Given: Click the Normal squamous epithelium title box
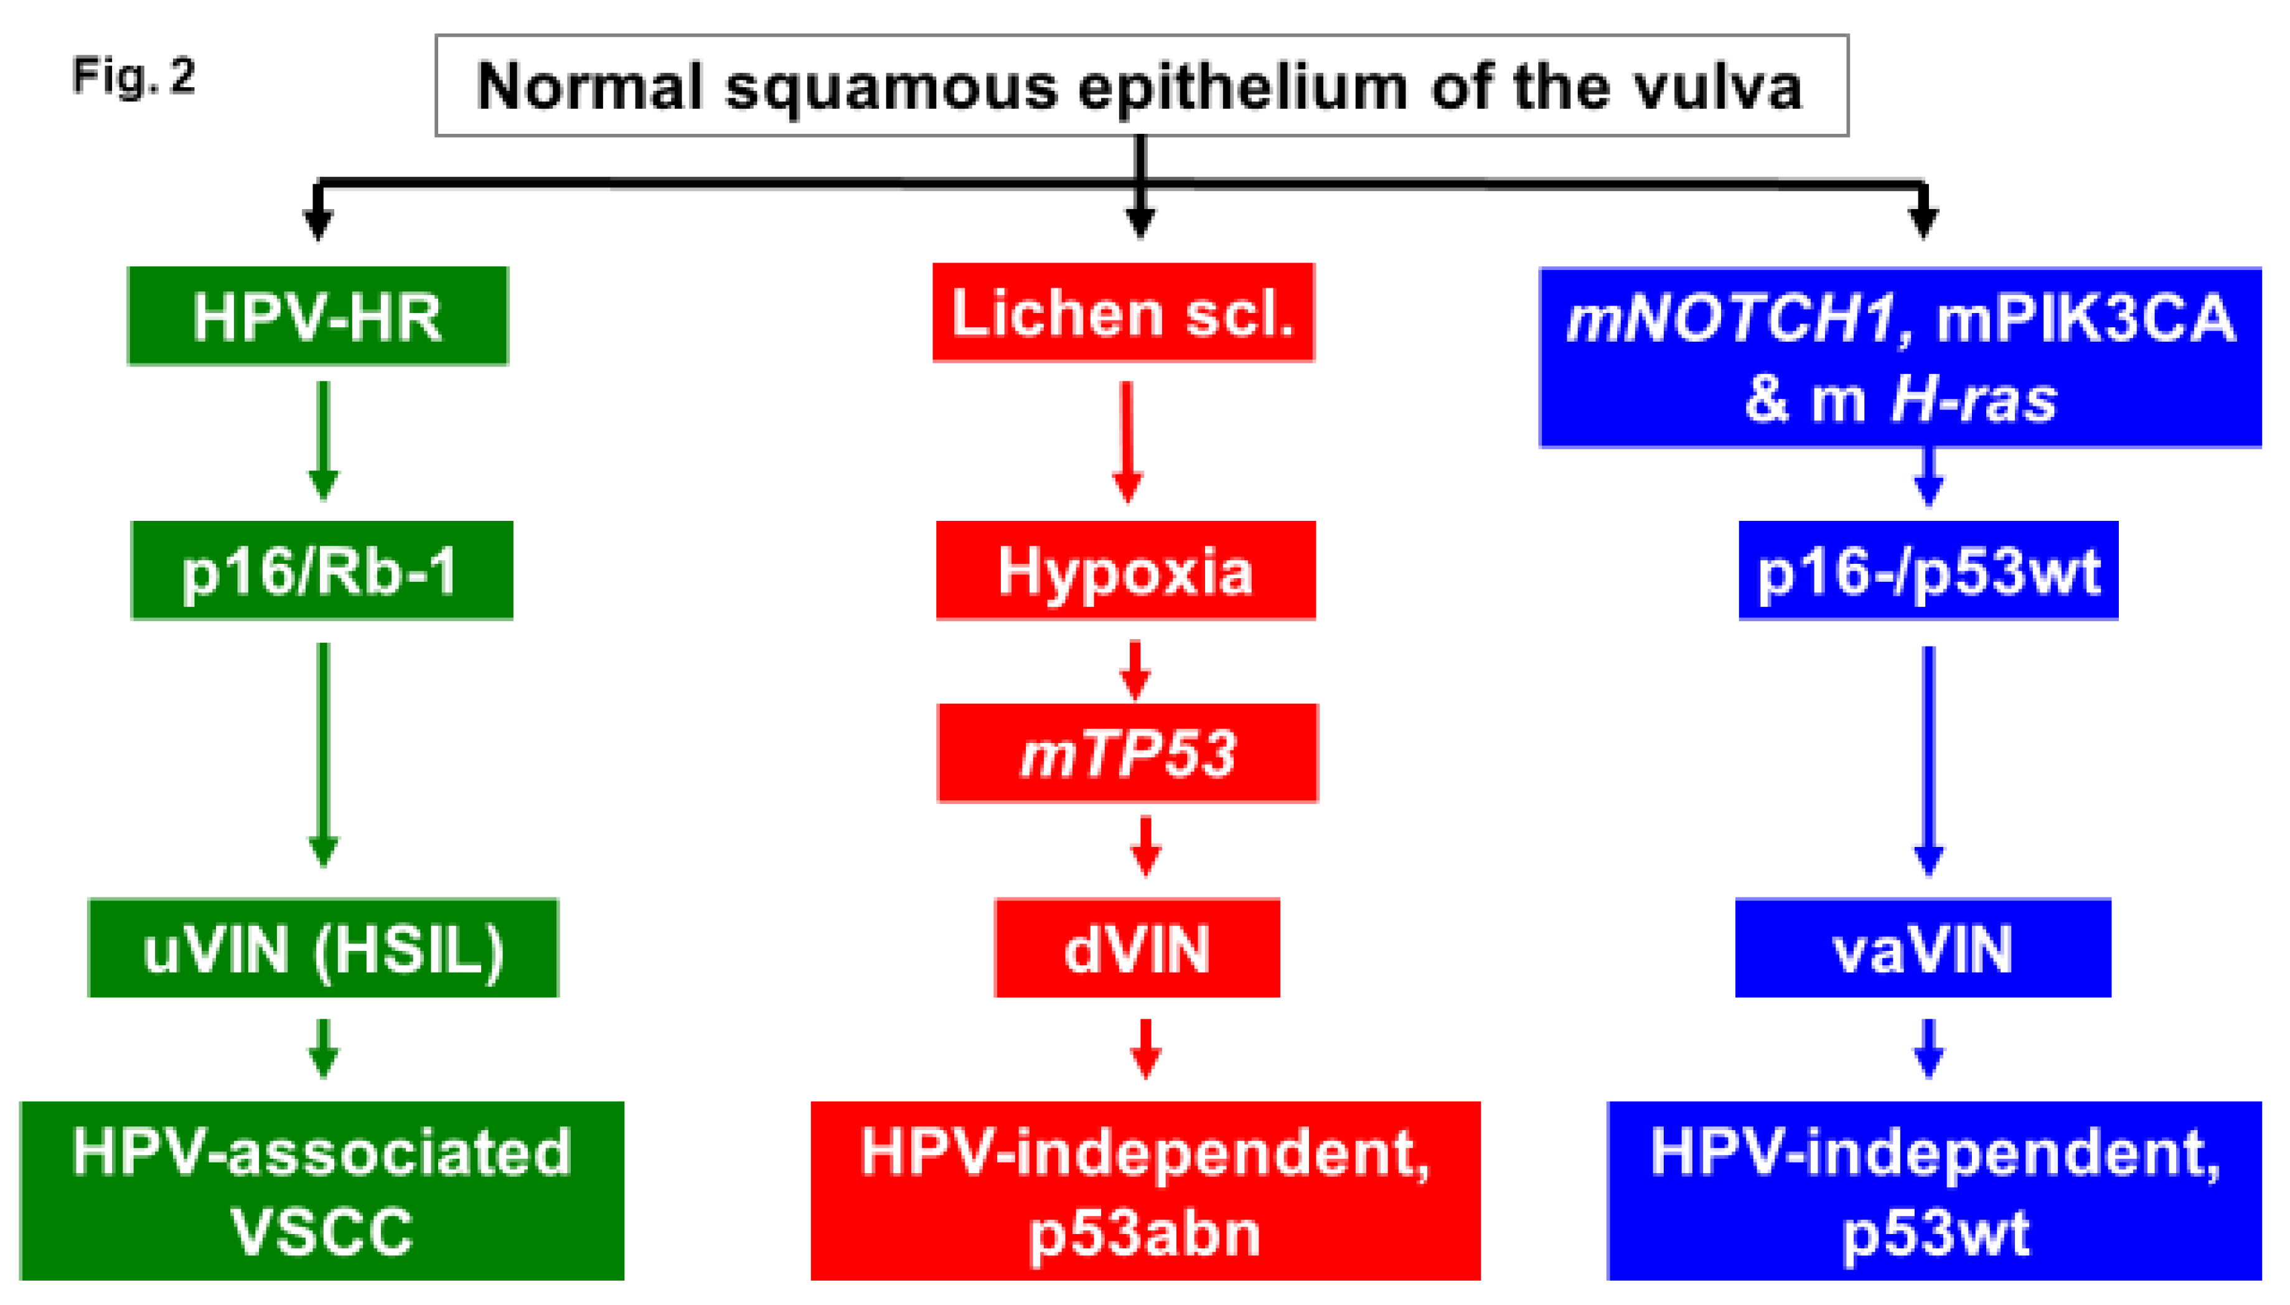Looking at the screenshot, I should click(x=1141, y=86).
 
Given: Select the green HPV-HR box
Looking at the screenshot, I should click(x=318, y=316).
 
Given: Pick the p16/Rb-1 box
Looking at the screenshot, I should click(x=322, y=571).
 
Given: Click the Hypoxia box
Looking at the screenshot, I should click(x=1126, y=571).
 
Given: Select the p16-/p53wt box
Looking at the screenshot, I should click(x=1928, y=571).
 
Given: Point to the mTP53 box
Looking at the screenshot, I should click(x=1127, y=753).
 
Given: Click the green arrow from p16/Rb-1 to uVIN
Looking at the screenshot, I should click(x=324, y=753).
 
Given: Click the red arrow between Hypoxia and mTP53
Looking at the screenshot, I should click(x=1135, y=670).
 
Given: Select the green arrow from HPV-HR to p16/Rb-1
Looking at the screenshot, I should click(x=324, y=439).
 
